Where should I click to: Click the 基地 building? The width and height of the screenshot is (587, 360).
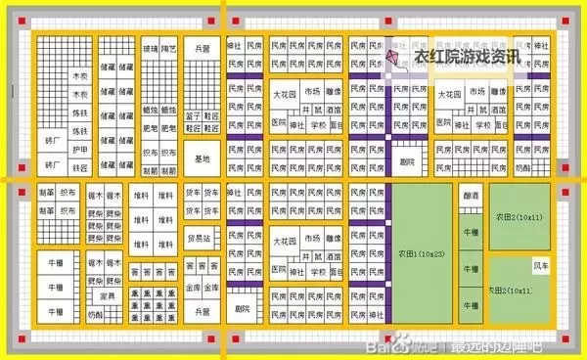tap(203, 159)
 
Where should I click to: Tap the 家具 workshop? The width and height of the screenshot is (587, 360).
tap(108, 295)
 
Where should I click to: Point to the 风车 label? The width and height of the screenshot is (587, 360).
tap(540, 264)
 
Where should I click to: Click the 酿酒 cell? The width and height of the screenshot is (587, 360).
tap(471, 196)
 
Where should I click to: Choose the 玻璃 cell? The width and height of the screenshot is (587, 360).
tap(150, 47)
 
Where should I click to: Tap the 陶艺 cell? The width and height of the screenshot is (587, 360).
tap(168, 47)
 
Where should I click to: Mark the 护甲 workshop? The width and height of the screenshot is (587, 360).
tap(80, 150)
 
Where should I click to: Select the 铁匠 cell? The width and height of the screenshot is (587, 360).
tap(80, 168)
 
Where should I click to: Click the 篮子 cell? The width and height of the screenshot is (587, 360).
tap(193, 114)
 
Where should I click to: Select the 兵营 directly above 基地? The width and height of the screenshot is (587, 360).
tap(203, 47)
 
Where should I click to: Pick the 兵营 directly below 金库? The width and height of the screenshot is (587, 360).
tap(203, 311)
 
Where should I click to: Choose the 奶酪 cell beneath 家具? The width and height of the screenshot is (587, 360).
tap(96, 315)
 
